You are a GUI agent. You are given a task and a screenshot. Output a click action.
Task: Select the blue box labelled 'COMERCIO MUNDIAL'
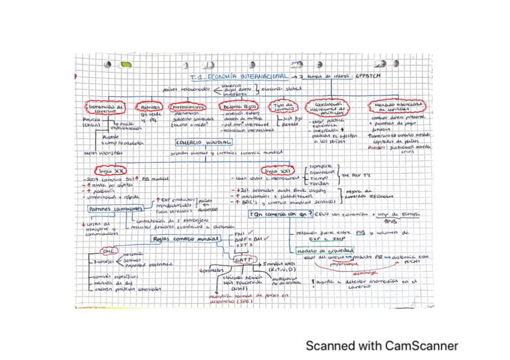click(x=203, y=143)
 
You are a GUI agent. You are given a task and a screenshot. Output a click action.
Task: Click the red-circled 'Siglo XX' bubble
click(x=112, y=170)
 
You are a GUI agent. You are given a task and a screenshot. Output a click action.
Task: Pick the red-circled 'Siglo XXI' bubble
click(x=277, y=171)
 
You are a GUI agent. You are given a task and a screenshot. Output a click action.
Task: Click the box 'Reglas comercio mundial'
click(x=178, y=238)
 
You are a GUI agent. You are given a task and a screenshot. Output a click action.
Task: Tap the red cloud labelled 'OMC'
click(x=111, y=251)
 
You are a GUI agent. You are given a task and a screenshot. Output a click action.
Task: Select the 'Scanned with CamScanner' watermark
click(x=381, y=346)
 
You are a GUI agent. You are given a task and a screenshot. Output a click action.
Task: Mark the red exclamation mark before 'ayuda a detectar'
click(x=312, y=281)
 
